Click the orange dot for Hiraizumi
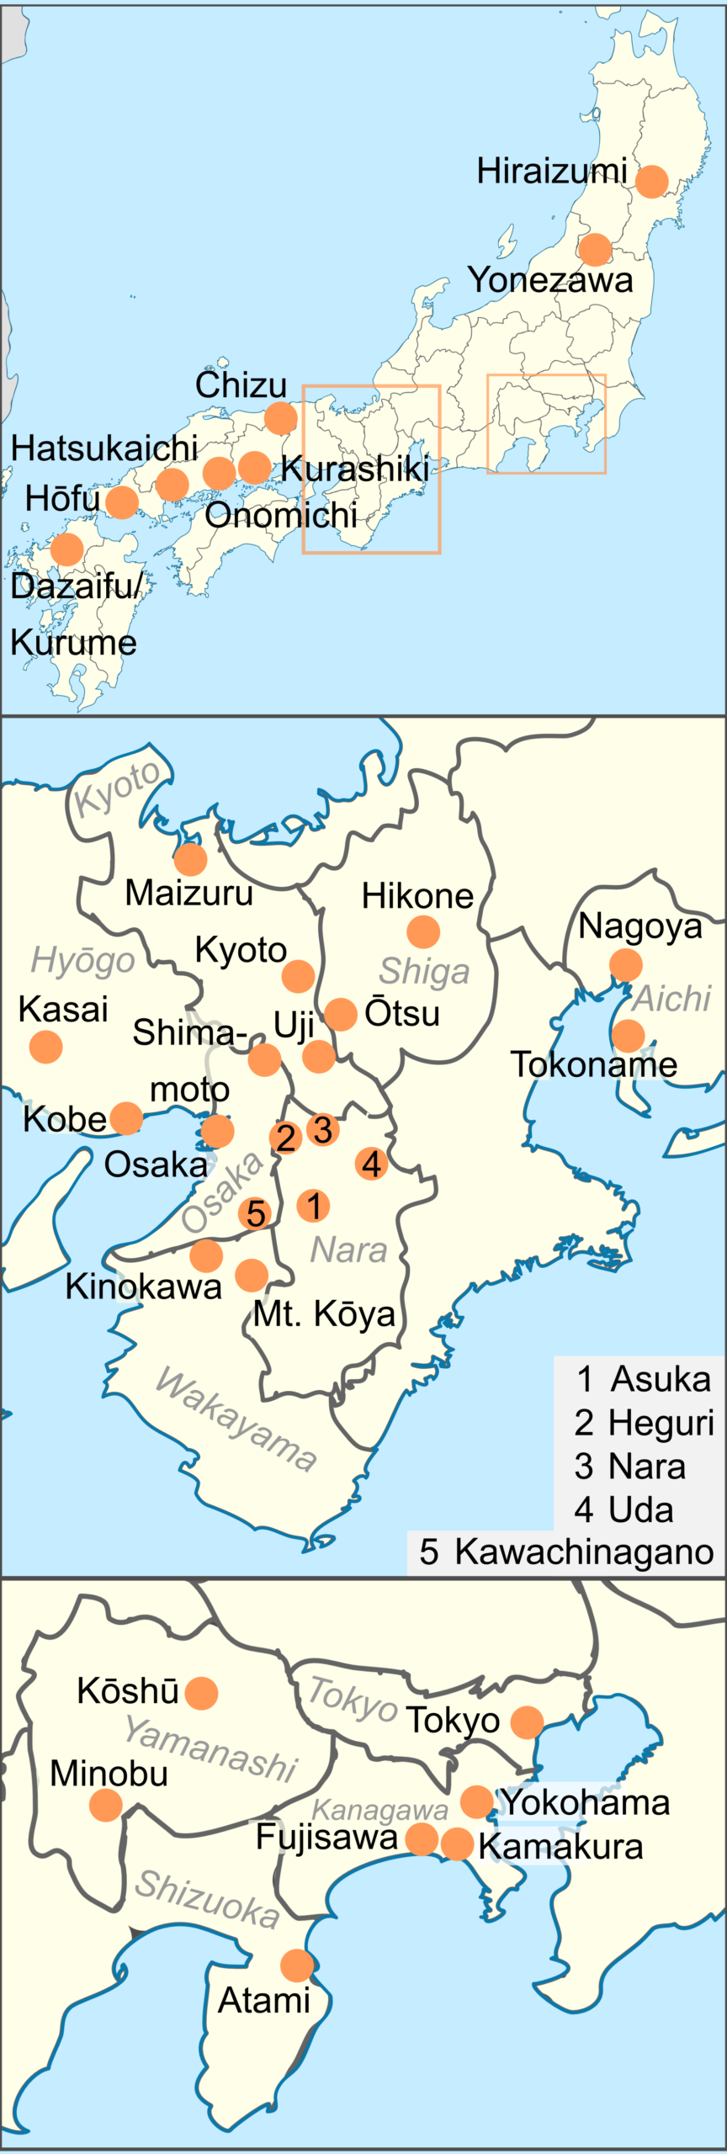652,181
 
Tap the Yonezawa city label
550,280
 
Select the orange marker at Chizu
281,417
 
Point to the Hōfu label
62,498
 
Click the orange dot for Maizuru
191,859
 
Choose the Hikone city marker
423,931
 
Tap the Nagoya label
640,926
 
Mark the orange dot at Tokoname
629,1036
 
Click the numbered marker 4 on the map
371,1165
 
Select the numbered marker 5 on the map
256,1213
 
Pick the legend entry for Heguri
645,1423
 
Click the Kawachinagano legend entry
566,1551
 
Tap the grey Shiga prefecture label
424,971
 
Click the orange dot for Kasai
46,1047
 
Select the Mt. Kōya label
325,1313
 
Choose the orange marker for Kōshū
201,1692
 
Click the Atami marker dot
297,1966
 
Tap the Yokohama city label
586,1801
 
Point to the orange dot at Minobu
106,1805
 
